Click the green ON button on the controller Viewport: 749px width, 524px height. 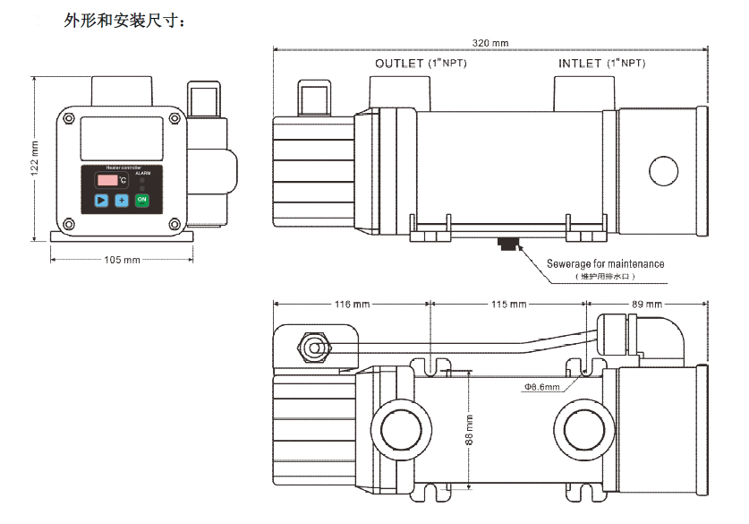pos(142,200)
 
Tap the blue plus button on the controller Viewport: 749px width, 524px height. pos(122,200)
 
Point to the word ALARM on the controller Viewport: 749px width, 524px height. pos(143,172)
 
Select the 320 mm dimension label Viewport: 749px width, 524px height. pos(490,43)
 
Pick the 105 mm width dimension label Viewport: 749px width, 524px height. pos(123,260)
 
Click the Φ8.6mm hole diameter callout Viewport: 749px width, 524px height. pos(542,387)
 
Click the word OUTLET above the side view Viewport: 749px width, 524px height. pos(399,64)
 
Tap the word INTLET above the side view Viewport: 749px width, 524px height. pos(580,64)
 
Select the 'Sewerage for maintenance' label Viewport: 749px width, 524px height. pos(606,264)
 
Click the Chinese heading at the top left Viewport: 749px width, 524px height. pos(125,20)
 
